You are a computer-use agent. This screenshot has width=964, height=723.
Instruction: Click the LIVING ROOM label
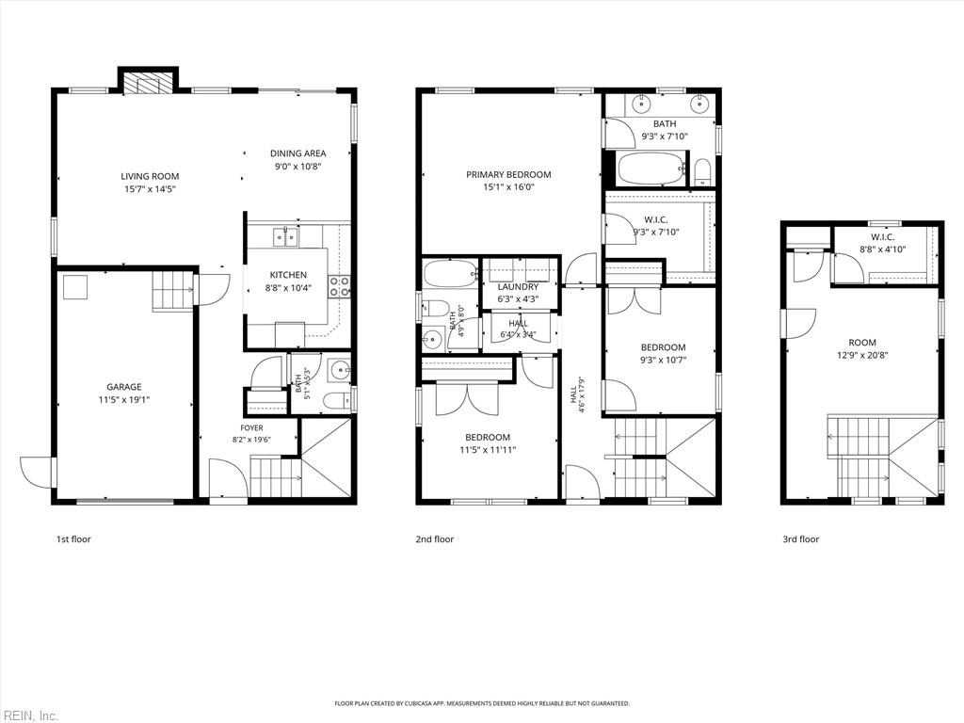[150, 176]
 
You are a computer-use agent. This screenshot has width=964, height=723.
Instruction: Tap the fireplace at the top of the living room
[148, 84]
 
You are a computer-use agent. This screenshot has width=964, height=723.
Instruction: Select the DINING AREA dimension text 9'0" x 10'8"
[298, 166]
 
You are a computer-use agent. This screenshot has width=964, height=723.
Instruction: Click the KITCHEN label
[288, 275]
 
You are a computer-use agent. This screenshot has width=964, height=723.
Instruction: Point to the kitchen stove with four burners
[339, 286]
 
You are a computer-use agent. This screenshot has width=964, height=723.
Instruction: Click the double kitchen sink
[285, 236]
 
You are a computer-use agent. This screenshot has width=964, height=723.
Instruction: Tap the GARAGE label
[124, 387]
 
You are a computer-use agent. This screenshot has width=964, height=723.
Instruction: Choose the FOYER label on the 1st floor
[251, 428]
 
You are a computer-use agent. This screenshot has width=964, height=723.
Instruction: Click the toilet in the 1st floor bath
[336, 401]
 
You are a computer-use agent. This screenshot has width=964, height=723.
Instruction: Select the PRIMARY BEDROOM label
[508, 174]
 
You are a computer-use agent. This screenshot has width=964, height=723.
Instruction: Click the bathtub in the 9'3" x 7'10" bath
[651, 168]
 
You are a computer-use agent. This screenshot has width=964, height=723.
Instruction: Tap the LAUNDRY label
[519, 286]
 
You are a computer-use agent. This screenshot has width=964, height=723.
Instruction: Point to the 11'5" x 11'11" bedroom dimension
[488, 449]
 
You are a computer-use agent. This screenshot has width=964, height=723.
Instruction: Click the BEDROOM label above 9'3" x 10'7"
[663, 347]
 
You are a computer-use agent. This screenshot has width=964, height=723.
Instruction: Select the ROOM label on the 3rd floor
[862, 343]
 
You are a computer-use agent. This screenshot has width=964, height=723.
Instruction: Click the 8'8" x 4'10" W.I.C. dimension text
[883, 249]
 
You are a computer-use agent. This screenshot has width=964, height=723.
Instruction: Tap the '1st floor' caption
[73, 539]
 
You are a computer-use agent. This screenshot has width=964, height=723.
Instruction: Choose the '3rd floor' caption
[800, 539]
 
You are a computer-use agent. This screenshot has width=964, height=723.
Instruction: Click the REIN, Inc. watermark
[29, 715]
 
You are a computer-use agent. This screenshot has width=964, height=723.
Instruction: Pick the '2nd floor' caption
[435, 539]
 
